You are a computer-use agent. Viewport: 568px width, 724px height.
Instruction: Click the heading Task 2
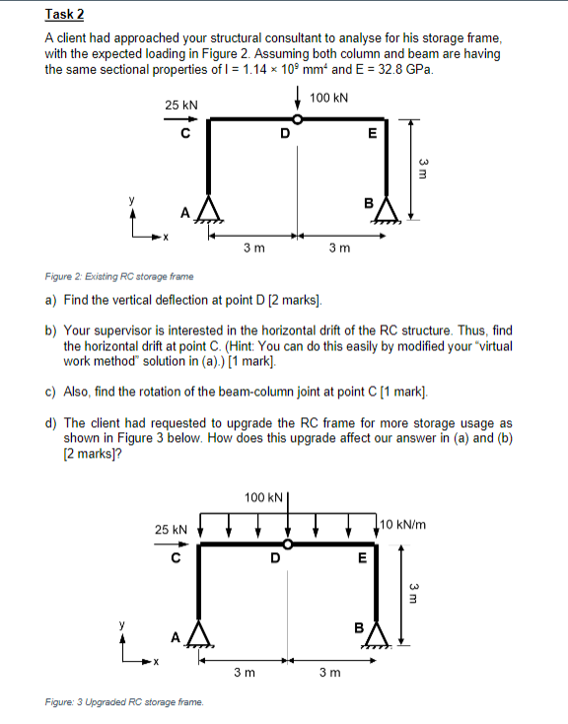(65, 15)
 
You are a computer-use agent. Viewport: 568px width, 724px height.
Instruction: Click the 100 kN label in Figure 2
(328, 98)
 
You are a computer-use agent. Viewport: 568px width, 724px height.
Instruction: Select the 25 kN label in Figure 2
(181, 106)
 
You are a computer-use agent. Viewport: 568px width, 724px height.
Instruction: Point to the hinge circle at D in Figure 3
(288, 543)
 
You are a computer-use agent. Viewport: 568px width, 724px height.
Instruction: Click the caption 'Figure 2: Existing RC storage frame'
(119, 277)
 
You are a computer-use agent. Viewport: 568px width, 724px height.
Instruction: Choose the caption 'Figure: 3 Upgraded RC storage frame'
(124, 702)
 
